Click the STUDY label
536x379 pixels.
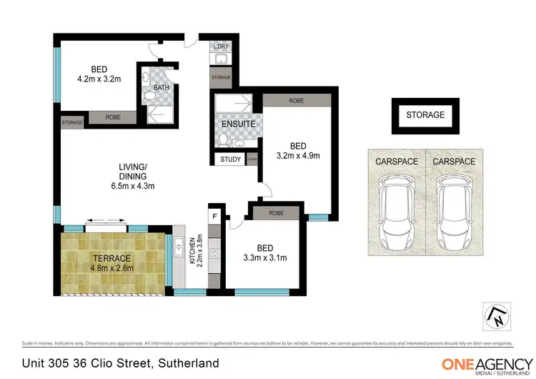pos(230,159)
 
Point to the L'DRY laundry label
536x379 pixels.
pos(221,47)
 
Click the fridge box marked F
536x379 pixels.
pos(214,215)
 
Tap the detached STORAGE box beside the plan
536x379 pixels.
pos(425,115)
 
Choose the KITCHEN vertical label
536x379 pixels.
pos(193,252)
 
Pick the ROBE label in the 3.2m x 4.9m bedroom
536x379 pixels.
pos(296,101)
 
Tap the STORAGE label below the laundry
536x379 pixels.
pos(221,77)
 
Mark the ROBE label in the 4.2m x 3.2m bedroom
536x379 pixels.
pos(113,117)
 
